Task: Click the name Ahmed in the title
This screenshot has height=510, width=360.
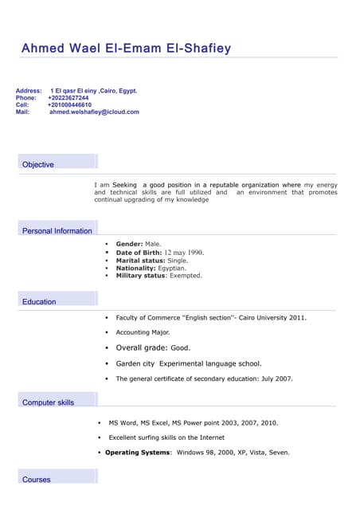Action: pos(45,49)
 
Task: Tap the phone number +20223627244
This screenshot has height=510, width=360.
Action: pos(68,98)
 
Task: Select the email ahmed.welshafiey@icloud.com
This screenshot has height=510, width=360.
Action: pos(94,112)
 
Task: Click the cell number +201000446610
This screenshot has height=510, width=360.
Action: pos(69,105)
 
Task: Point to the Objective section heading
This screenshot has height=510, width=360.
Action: pos(38,165)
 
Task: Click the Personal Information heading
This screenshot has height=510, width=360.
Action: pos(57,231)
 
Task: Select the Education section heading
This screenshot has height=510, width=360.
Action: pos(39,302)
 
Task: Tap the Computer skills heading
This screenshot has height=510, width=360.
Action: pos(48,402)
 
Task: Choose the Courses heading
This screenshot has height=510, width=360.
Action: pos(37,480)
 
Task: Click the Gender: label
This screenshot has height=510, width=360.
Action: pos(129,244)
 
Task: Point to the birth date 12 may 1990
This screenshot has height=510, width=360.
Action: pos(184,252)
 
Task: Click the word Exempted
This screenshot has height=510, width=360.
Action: pos(186,276)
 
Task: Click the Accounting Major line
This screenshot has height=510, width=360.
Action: pos(143,332)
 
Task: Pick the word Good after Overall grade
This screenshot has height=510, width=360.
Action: pos(180,348)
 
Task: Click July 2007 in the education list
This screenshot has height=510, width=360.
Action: pos(276,379)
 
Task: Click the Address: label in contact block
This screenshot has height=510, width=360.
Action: pos(29,91)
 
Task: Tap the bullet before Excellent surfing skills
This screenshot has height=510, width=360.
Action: pos(100,437)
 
